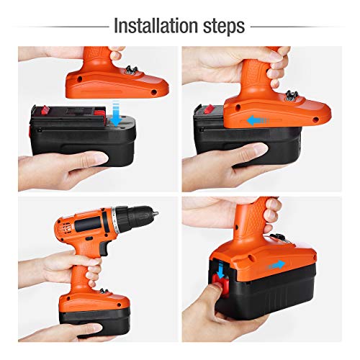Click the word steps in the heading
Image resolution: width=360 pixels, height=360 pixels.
pos(224,27)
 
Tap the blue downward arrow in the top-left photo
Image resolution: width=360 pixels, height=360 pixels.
pos(117,113)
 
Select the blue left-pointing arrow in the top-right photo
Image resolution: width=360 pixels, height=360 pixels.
pos(258,120)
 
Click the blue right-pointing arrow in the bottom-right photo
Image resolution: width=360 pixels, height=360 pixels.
pos(276,265)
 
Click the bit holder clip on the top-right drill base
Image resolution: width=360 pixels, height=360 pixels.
pos(291,95)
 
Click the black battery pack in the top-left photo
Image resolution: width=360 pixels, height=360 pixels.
pos(82,135)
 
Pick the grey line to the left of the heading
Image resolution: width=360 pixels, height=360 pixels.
pos(60,27)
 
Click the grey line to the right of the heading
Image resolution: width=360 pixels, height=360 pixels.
pos(298,27)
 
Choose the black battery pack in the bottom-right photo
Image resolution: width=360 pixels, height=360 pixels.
pos(264,288)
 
